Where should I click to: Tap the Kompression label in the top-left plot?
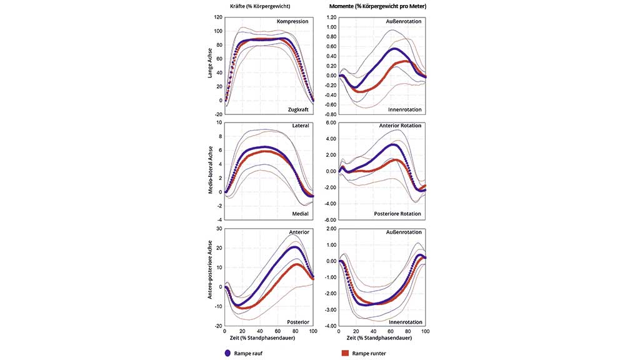click(x=292, y=22)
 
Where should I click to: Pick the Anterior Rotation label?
click(x=401, y=126)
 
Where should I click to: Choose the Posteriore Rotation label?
click(x=398, y=214)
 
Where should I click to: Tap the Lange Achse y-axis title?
click(x=211, y=64)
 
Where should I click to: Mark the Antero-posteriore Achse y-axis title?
click(x=211, y=277)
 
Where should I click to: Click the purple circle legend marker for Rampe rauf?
click(x=227, y=353)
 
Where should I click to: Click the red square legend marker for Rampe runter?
click(x=344, y=353)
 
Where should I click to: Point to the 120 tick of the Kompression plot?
click(x=217, y=17)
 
